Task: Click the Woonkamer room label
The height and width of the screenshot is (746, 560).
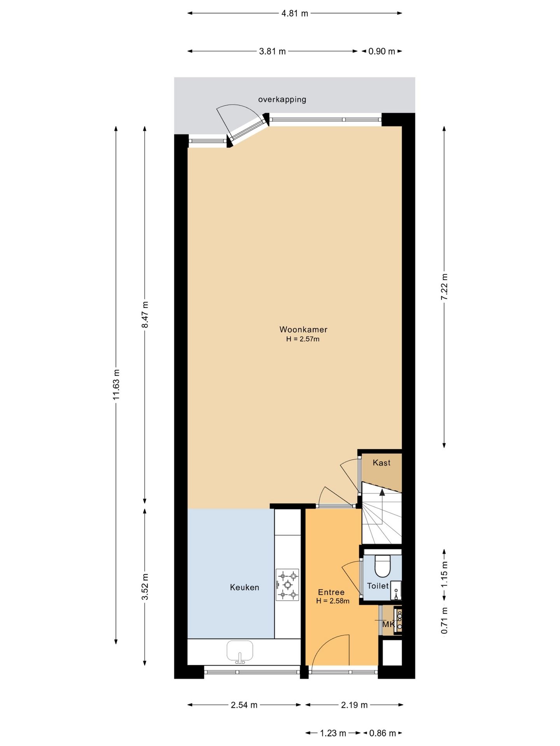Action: click(303, 329)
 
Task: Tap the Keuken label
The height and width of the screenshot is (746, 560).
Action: click(244, 587)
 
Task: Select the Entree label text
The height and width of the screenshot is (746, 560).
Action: click(331, 592)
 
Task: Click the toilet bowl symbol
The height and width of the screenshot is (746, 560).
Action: click(382, 566)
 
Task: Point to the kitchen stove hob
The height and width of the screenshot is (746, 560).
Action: click(287, 585)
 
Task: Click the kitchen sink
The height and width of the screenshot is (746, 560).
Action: click(240, 652)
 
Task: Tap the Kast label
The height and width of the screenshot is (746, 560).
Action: click(381, 463)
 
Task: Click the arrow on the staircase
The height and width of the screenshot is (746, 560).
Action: click(382, 493)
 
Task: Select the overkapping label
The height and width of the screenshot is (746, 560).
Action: click(282, 99)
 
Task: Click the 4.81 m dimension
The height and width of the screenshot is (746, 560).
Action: click(294, 14)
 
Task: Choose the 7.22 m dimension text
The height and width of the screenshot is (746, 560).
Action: click(444, 286)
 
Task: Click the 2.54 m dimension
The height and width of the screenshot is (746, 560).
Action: click(244, 705)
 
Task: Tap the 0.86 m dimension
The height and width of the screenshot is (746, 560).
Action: click(382, 733)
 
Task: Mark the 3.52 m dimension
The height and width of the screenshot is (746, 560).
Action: click(145, 587)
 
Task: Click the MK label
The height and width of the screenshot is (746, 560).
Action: click(388, 624)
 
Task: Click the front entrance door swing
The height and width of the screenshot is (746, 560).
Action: click(331, 650)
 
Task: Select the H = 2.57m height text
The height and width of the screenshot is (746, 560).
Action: click(303, 339)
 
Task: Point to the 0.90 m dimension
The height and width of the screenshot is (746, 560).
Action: click(381, 51)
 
